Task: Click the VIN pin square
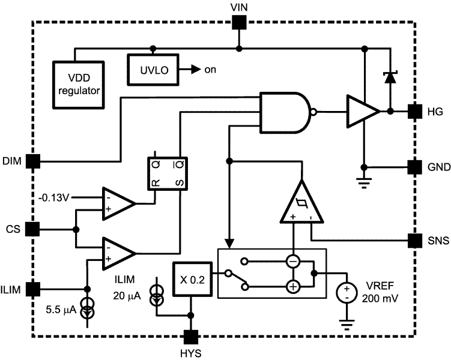239,23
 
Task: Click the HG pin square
414,111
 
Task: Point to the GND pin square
414,166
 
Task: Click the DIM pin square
34,161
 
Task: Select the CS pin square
34,229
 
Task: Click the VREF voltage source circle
347,293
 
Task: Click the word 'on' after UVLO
210,69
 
